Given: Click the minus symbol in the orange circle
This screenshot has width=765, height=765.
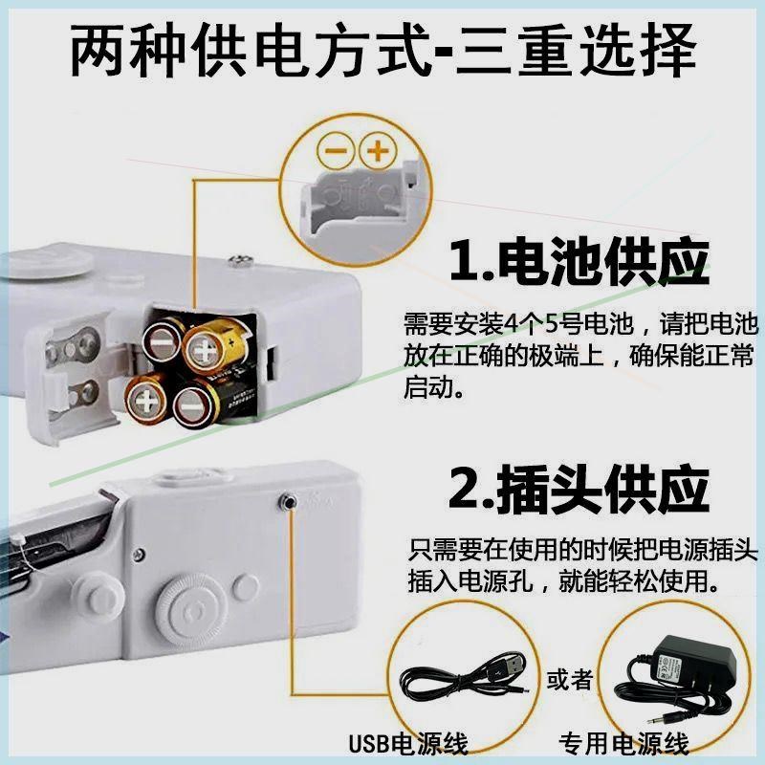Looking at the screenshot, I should [336, 151].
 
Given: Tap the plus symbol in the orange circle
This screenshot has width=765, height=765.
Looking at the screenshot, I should [380, 151].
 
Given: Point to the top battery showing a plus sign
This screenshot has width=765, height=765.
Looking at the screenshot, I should [206, 351].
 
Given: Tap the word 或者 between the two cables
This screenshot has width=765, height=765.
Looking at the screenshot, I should [569, 680].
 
